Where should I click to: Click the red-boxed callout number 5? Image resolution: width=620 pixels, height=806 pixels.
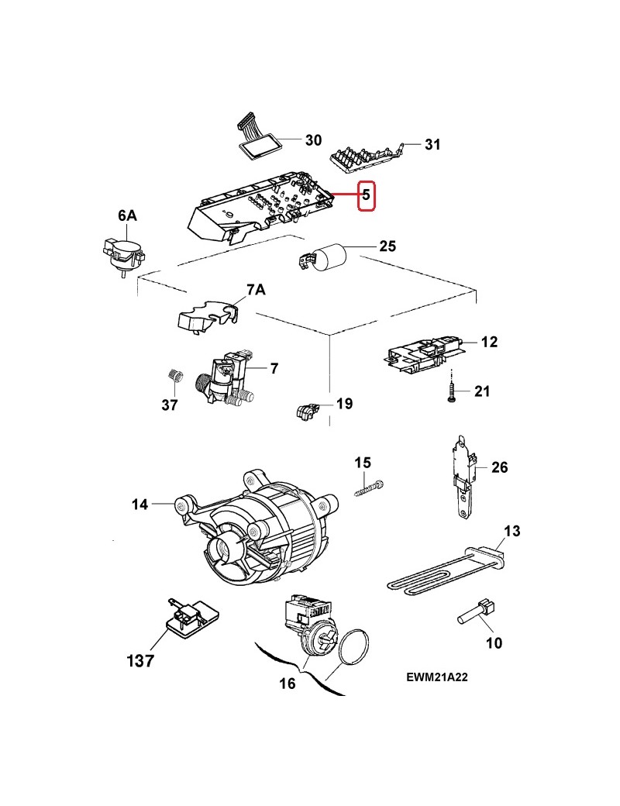366,196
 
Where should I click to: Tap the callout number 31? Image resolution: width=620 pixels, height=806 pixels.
432,144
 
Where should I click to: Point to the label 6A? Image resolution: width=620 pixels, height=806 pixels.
127,218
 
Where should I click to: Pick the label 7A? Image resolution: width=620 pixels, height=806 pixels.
256,290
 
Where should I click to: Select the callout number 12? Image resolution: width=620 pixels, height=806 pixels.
489,341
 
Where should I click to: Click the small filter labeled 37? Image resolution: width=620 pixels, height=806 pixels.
175,377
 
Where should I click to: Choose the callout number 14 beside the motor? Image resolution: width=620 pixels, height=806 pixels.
139,505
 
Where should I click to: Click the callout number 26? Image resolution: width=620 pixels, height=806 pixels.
500,467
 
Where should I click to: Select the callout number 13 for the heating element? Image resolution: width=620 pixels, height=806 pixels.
511,531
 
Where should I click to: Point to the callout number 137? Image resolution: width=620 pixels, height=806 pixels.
140,660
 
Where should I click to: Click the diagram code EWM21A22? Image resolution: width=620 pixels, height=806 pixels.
436,677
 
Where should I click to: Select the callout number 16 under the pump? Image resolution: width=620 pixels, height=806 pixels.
288,684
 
